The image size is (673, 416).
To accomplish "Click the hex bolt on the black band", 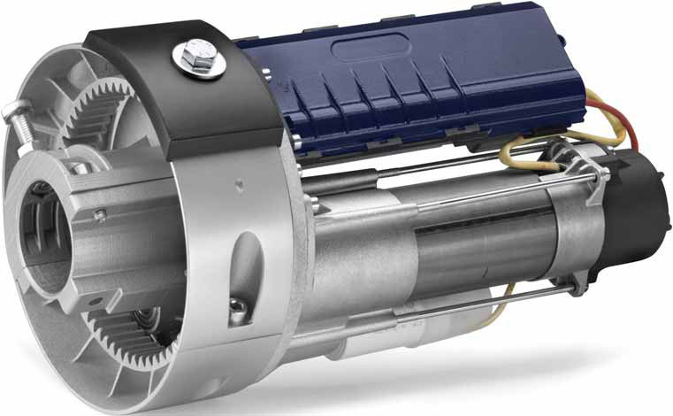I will (191, 58).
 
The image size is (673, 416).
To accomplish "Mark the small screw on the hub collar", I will (101, 213).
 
